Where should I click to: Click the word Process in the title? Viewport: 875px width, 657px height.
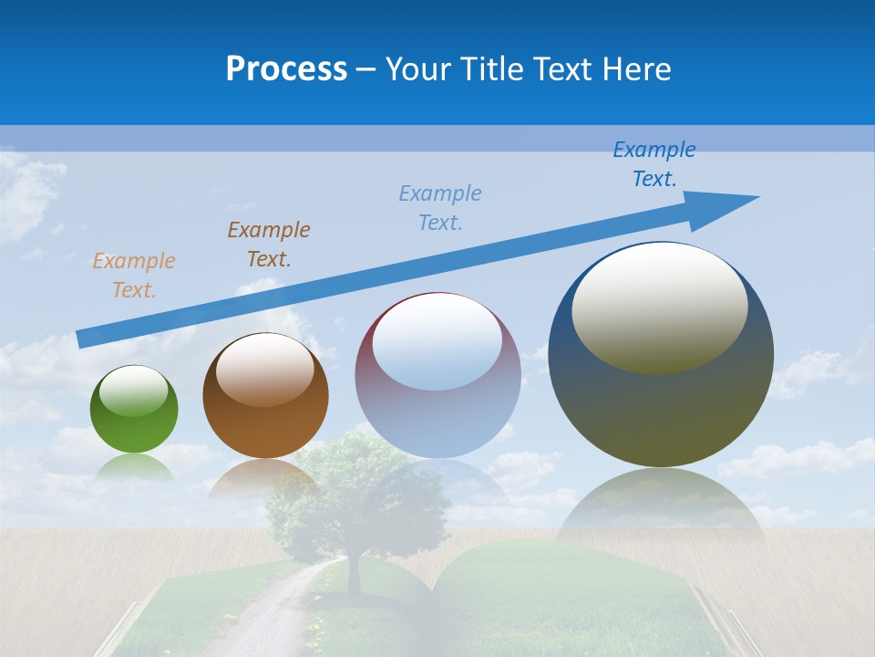(x=286, y=69)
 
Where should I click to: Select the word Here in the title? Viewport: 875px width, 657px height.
(x=637, y=69)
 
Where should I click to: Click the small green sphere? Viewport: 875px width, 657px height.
(x=134, y=422)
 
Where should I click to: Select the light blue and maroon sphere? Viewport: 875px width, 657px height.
(x=437, y=401)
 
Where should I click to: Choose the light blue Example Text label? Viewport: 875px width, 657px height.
(x=440, y=208)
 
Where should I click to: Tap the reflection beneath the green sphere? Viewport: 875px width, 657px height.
(x=135, y=467)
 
